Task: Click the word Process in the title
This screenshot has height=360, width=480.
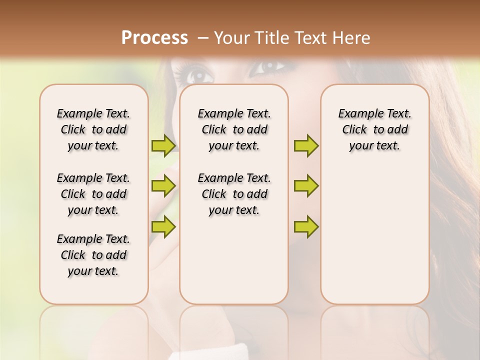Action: point(154,38)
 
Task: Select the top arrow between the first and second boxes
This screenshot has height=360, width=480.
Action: point(163,145)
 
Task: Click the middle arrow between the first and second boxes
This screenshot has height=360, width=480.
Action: point(163,186)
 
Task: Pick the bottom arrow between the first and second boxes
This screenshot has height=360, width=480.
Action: point(163,226)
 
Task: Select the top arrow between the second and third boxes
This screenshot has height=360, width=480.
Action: point(306,145)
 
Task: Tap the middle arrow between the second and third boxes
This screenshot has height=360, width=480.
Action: point(306,186)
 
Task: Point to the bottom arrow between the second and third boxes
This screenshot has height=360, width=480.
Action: point(306,226)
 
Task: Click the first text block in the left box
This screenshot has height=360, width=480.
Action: point(93,129)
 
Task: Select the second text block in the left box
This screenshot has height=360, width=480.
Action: point(93,194)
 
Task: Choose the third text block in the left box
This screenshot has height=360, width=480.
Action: point(93,255)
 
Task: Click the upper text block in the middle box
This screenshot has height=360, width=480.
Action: point(234,129)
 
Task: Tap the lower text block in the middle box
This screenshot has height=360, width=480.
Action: point(234,194)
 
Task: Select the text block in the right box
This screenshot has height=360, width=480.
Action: point(374,129)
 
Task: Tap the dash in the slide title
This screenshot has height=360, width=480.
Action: point(203,38)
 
